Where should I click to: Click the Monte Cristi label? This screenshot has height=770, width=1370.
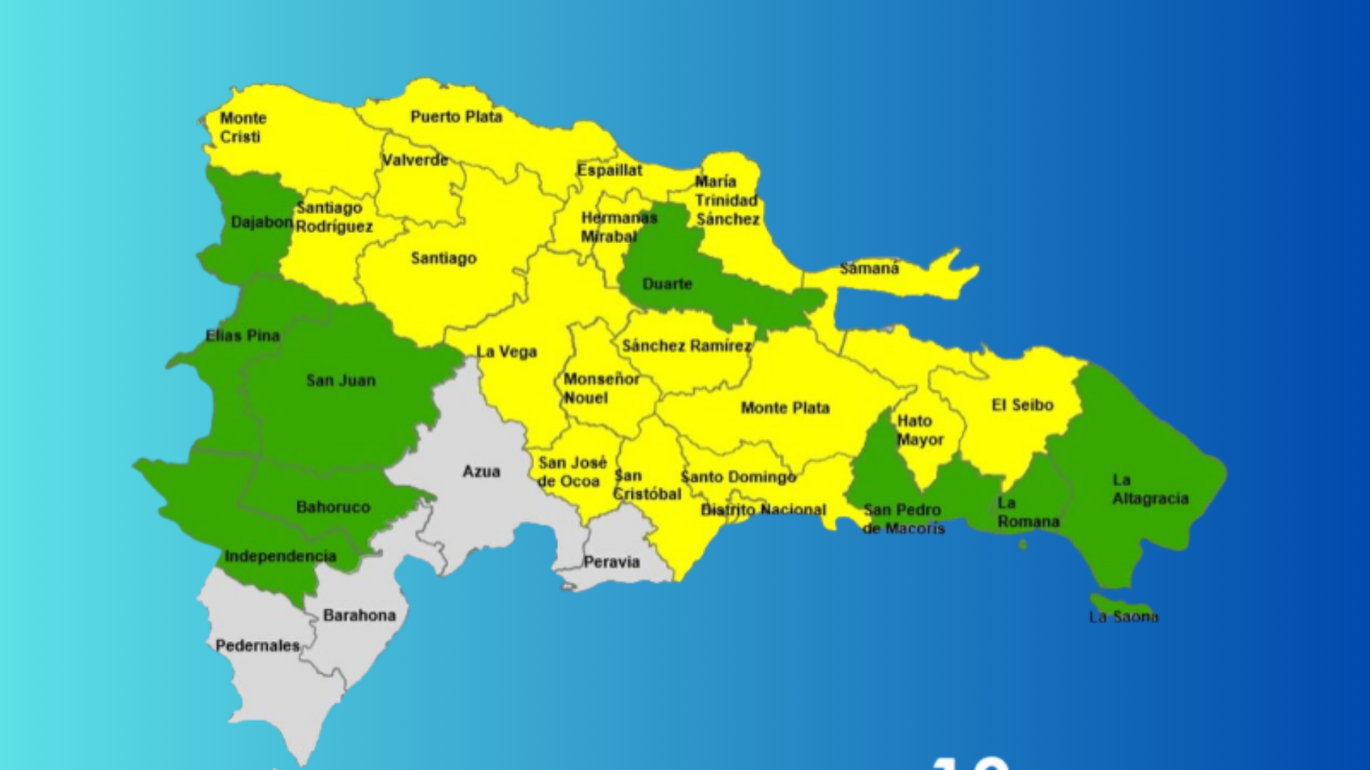[x=243, y=127]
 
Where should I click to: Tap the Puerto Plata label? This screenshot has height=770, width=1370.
[x=456, y=116]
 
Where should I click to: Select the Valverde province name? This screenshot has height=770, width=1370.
[x=415, y=160]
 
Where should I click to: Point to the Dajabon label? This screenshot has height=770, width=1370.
[x=261, y=222]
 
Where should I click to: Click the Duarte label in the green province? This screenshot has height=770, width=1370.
[x=667, y=284]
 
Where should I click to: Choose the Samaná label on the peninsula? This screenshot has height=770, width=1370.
[x=869, y=268]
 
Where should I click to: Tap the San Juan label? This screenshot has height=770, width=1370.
[x=341, y=380]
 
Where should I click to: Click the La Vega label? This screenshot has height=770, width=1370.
[x=507, y=351]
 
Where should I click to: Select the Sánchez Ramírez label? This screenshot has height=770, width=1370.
[x=686, y=346]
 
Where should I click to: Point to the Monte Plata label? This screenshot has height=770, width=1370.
[x=785, y=408]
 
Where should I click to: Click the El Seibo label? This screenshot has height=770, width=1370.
[x=1023, y=405]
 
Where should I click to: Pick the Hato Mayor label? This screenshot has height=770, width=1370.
[x=920, y=430]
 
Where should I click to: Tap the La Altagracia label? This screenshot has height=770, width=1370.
[x=1150, y=489]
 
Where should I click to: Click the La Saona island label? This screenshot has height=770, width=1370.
[x=1123, y=617]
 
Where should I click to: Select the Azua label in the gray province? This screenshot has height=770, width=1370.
[x=481, y=471]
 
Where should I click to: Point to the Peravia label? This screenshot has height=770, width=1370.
[x=612, y=562]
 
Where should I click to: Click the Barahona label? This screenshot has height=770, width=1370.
[x=359, y=615]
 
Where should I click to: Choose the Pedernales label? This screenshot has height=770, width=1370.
[x=258, y=645]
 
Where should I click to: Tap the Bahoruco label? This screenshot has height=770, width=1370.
[x=333, y=507]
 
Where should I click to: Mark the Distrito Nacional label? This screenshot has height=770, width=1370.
[x=763, y=510]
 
